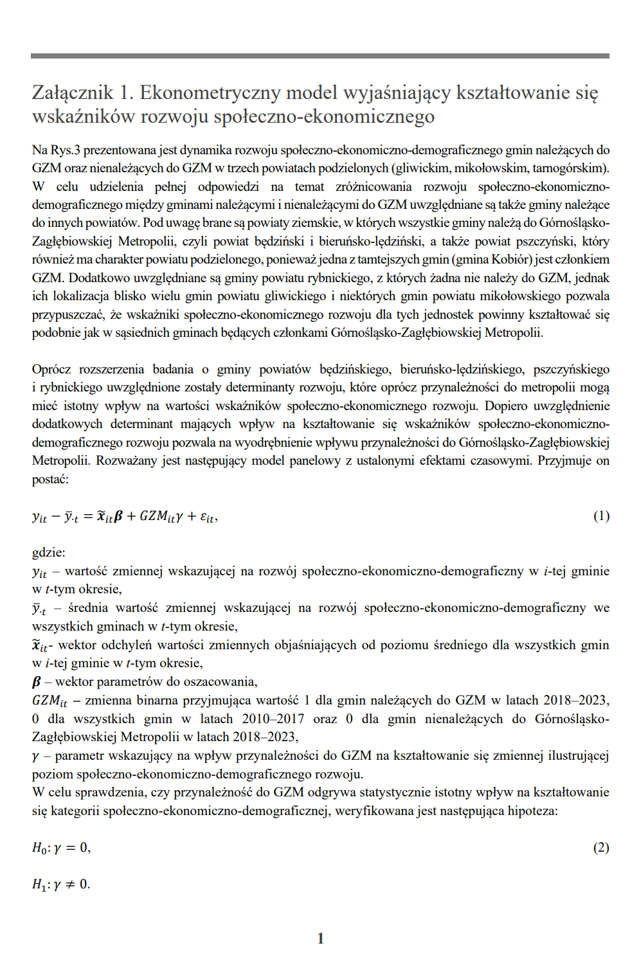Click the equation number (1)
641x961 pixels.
[600, 516]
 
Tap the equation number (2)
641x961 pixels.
[600, 848]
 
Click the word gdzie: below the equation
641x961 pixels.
[48, 553]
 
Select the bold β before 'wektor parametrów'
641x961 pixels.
[37, 682]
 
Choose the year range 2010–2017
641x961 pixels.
[273, 719]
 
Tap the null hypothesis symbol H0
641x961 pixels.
[39, 849]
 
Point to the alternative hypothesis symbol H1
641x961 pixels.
[39, 885]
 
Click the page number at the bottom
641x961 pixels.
[320, 939]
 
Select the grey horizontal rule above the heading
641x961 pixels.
[320, 56]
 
